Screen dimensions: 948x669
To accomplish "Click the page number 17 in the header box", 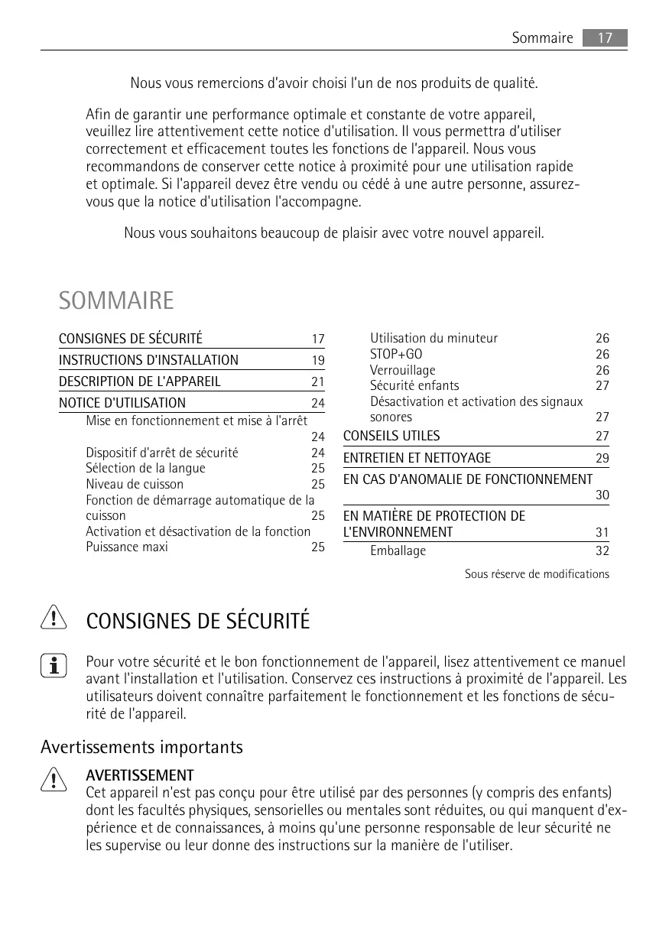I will pos(604,37).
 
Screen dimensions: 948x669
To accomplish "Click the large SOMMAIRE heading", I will pos(116,301).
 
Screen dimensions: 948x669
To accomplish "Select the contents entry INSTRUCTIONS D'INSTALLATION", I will pos(148,360).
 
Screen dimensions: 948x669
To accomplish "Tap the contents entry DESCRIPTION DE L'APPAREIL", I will pos(139,381).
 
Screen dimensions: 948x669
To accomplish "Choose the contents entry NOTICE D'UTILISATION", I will pos(122,403).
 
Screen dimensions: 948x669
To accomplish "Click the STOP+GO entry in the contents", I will pos(395,354).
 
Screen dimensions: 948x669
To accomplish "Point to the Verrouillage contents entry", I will pos(402,370).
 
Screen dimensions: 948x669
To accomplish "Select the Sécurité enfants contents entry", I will pos(414,385).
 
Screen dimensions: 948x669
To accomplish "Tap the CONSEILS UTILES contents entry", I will pos(391,436).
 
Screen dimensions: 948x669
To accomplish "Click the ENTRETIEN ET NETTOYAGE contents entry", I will pos(417,458).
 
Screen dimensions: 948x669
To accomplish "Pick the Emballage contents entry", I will pos(398,551).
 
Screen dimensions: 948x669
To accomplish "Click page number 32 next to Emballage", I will pos(602,551).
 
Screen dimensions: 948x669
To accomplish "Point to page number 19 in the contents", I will pos(317,361).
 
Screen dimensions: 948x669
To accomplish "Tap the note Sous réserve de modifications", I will pos(537,574).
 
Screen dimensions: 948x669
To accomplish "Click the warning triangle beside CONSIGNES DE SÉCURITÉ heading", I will pos(54,618).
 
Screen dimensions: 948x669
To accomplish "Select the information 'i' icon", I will pos(54,666).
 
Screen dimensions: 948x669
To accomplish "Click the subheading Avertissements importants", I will pos(141,747).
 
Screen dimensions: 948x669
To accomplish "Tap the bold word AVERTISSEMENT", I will pos(139,776).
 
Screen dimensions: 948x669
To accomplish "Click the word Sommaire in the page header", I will pos(542,37).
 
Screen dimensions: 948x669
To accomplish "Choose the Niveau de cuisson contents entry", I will pos(135,484).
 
